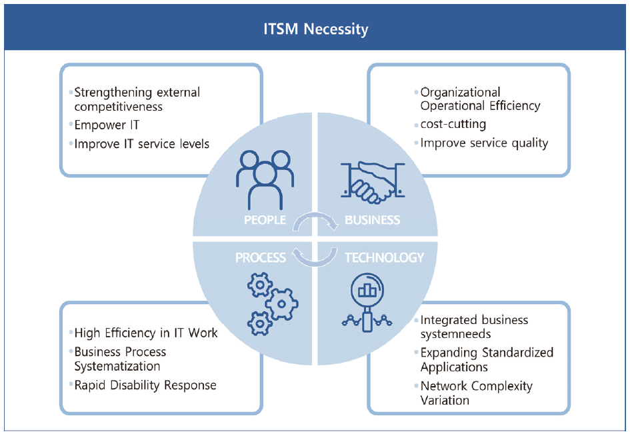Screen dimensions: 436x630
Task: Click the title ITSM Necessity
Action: tap(315, 29)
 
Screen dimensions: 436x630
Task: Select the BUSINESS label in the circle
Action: tap(372, 220)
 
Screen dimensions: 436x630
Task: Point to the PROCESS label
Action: tap(261, 257)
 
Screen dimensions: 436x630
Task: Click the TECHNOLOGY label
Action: tap(384, 257)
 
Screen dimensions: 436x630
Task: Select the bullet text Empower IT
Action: tap(107, 125)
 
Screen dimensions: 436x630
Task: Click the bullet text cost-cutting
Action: tap(453, 125)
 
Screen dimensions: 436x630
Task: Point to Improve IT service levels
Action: tap(141, 144)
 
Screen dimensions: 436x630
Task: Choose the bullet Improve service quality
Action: tap(484, 143)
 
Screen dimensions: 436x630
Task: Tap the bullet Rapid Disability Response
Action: tap(145, 385)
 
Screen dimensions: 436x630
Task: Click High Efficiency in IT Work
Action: tap(146, 333)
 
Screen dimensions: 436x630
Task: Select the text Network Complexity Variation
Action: tap(476, 393)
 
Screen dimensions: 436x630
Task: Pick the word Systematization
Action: tap(117, 366)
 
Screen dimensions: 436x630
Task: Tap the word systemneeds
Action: tap(455, 334)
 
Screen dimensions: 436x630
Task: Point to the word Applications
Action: tap(454, 367)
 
